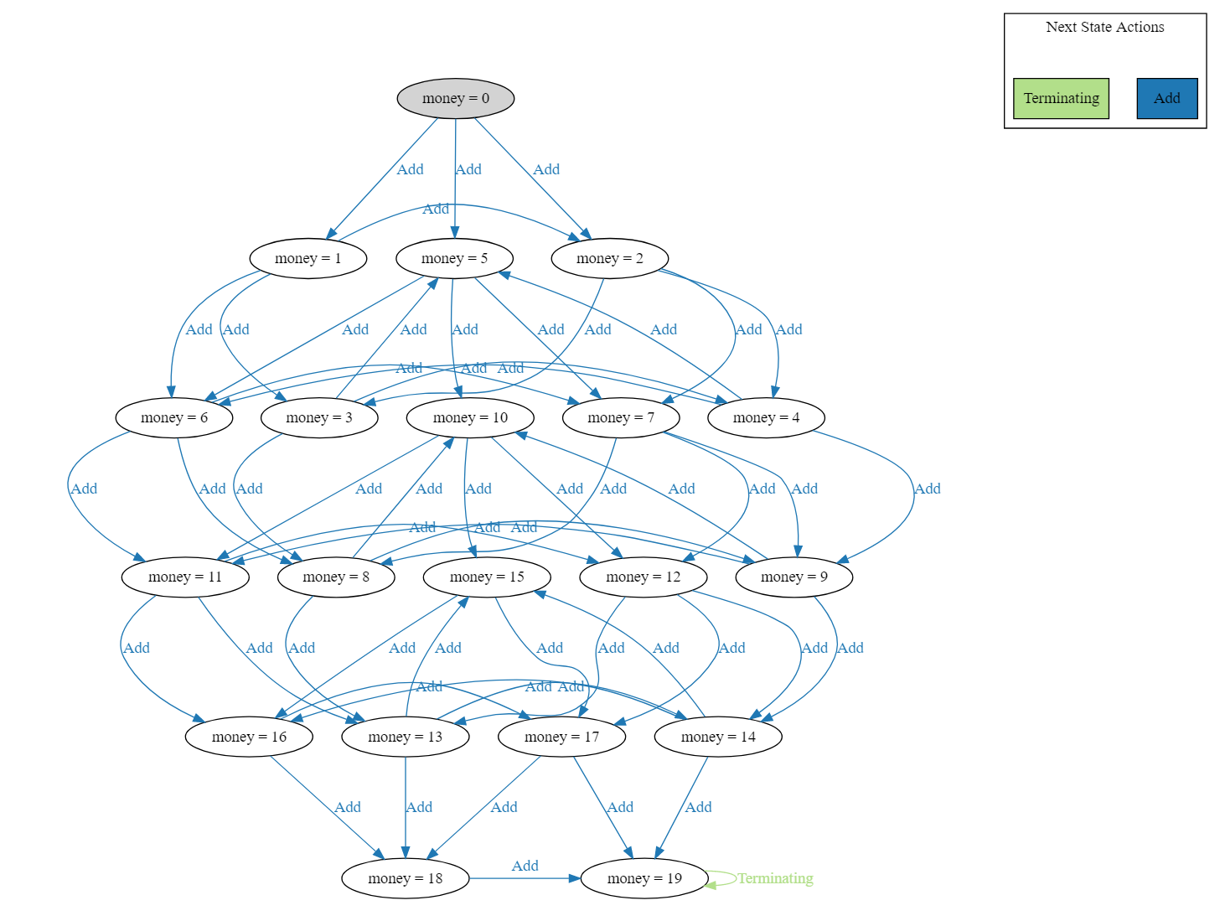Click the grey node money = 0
[455, 98]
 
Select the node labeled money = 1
[308, 258]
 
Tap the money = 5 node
[454, 258]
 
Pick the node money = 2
[609, 258]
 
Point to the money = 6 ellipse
[173, 417]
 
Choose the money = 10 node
[470, 417]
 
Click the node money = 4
[766, 417]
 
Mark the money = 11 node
[185, 577]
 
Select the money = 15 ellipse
[487, 577]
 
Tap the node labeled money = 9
[794, 577]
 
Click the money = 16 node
[249, 737]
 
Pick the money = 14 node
[718, 737]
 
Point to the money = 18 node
[405, 878]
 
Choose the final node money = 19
[644, 878]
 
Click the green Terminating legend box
[1061, 98]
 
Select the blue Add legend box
[1166, 98]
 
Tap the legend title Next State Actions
[1104, 27]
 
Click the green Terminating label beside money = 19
[775, 878]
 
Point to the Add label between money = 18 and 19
[525, 866]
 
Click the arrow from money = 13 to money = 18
[406, 805]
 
